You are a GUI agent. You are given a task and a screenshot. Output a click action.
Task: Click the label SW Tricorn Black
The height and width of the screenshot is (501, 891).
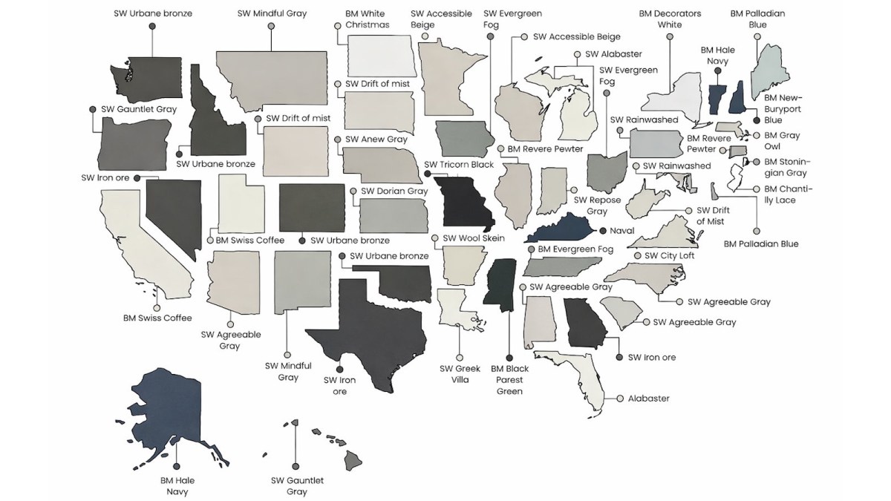(x=458, y=164)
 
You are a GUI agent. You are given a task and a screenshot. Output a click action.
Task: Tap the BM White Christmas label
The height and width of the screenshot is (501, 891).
(x=367, y=19)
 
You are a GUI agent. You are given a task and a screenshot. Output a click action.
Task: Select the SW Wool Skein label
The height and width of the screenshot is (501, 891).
(x=474, y=238)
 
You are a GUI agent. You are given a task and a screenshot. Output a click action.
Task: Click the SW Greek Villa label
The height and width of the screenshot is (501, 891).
(x=460, y=375)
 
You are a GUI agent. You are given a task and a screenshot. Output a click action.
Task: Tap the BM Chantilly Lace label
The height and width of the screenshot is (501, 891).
(x=788, y=194)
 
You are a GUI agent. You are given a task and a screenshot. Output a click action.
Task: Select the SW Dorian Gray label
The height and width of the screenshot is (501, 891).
(x=394, y=191)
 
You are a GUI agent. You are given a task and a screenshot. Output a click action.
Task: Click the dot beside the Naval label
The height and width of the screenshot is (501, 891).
(x=603, y=231)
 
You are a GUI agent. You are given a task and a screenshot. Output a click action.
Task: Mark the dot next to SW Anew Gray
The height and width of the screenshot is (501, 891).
(x=337, y=139)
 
